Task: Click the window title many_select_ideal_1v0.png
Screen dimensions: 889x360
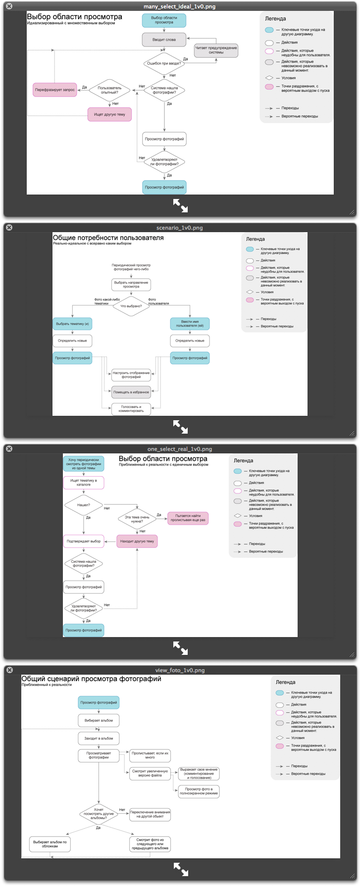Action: (x=179, y=7)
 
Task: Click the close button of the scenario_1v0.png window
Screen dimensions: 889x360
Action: (x=9, y=228)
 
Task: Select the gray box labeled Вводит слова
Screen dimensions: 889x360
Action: (x=164, y=40)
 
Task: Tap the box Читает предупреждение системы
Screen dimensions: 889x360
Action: (x=216, y=50)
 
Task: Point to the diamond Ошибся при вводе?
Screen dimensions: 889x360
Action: (x=164, y=63)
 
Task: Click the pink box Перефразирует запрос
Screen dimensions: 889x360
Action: (x=55, y=90)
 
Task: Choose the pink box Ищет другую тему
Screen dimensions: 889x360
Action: (x=110, y=114)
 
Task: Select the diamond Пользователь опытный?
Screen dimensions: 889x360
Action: (x=109, y=90)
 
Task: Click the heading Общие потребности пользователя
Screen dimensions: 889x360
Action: (x=108, y=238)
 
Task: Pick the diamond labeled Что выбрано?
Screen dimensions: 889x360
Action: (x=131, y=306)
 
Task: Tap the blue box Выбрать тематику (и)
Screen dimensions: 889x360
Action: (x=72, y=324)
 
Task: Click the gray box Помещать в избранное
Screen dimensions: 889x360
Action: (x=131, y=392)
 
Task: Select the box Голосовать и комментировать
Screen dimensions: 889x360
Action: (x=131, y=409)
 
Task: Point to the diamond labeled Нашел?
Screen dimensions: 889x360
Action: (x=84, y=505)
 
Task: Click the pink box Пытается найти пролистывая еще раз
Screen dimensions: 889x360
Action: (x=188, y=518)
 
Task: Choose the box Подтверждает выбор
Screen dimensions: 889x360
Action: (x=84, y=541)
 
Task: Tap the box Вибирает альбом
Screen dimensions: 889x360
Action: (x=99, y=721)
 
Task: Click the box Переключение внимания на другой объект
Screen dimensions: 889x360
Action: (x=150, y=814)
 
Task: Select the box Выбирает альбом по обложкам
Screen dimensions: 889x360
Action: (x=50, y=844)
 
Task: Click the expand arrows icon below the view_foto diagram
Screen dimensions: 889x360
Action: (x=180, y=869)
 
